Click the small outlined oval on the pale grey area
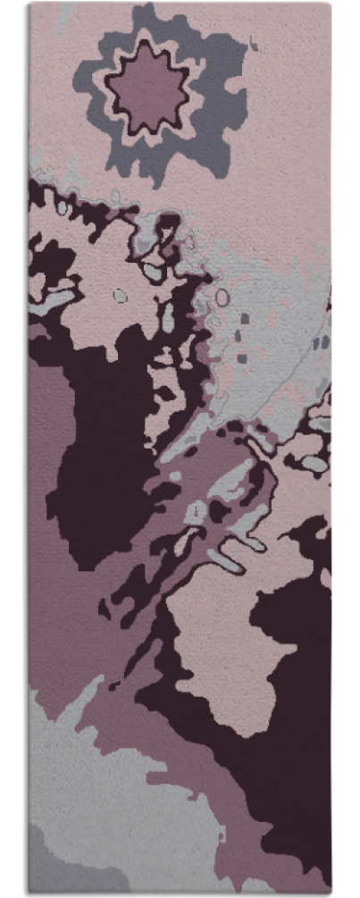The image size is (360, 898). (222, 297)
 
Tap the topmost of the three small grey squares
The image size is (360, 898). (245, 318)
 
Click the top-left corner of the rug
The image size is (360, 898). (29, 4)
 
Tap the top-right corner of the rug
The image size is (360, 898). (330, 4)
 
